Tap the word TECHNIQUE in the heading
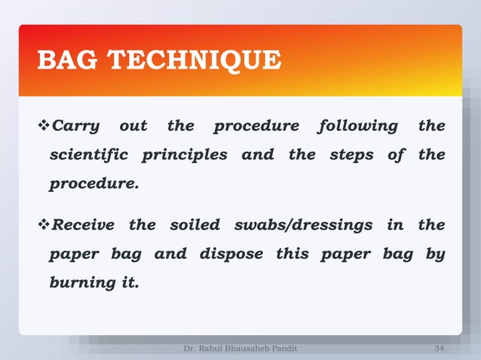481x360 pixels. tap(199, 59)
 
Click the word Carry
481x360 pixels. tap(75, 126)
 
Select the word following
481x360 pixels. tap(358, 126)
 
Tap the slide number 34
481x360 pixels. tap(440, 348)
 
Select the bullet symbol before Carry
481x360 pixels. tap(43, 126)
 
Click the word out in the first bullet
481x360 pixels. tap(133, 126)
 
